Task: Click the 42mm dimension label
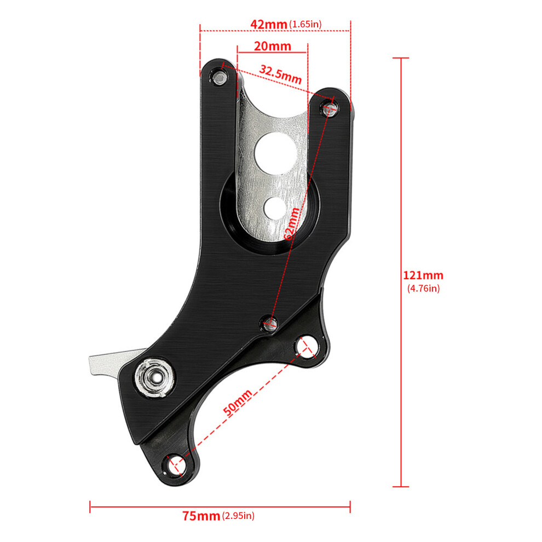point(269,24)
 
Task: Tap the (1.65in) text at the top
point(305,24)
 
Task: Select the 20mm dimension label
point(273,46)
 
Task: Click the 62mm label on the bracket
point(291,224)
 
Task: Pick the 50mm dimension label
point(238,403)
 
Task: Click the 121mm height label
point(423,275)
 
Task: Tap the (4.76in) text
point(423,289)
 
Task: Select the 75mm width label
point(201,516)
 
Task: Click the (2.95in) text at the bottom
point(239,516)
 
